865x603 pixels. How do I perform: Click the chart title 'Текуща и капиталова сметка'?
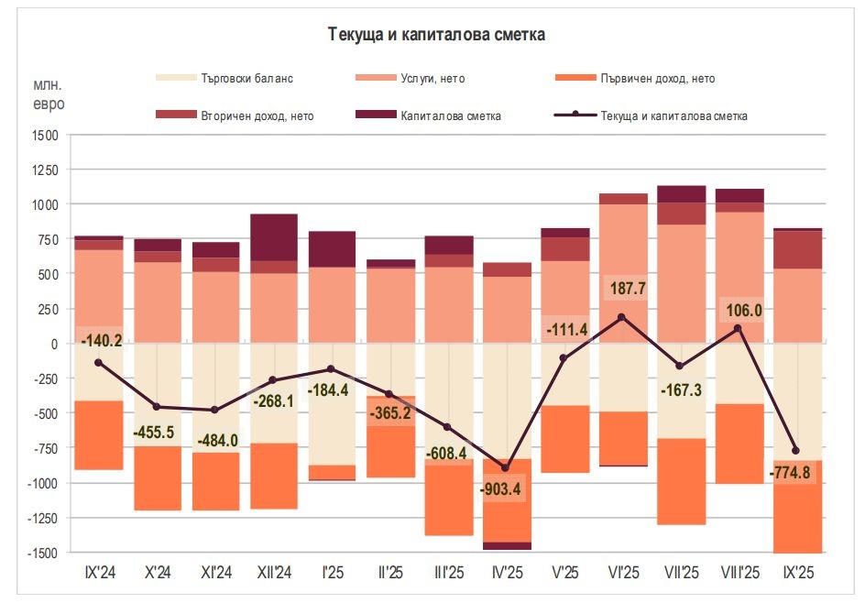[x=436, y=35]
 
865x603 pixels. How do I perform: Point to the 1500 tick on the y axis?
[x=43, y=135]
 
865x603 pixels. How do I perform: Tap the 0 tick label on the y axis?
[x=54, y=344]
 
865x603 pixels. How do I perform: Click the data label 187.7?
[x=628, y=289]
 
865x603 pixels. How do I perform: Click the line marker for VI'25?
[x=622, y=317]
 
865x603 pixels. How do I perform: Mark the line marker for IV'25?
[x=505, y=468]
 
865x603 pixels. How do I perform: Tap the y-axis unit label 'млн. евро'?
[x=49, y=94]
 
